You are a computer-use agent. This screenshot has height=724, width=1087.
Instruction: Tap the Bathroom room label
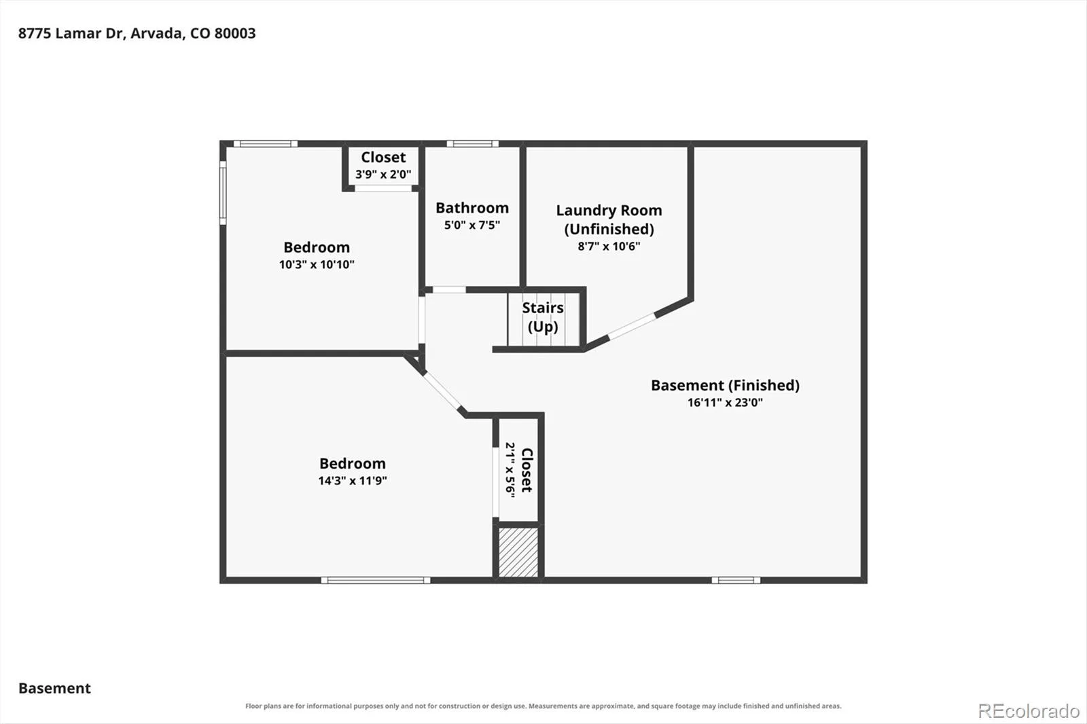[472, 208]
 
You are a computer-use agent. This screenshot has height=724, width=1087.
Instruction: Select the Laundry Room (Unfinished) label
[609, 219]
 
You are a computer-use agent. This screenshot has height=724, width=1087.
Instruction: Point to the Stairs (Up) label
[543, 317]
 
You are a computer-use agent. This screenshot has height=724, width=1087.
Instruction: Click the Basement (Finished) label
[725, 385]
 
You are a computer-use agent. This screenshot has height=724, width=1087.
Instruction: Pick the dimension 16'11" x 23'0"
[725, 402]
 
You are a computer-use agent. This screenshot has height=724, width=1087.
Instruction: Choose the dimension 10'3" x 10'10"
[317, 264]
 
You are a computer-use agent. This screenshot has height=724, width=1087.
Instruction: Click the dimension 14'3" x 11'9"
[353, 480]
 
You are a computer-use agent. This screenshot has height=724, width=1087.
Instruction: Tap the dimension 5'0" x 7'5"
[472, 225]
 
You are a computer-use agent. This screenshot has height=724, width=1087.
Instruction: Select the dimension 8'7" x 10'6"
[609, 247]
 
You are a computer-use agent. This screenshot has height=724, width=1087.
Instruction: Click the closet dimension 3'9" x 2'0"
[383, 174]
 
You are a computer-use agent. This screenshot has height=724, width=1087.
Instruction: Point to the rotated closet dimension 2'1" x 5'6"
[510, 470]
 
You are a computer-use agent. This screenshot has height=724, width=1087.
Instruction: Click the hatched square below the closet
[518, 552]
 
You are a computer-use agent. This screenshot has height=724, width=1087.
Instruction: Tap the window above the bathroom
[472, 143]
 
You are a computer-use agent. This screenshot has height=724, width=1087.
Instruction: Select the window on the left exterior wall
[223, 193]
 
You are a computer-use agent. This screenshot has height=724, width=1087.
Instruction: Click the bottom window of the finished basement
[736, 581]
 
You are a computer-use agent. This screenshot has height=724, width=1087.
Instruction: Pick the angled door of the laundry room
[632, 325]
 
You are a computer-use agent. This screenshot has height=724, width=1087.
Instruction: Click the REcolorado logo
[1029, 711]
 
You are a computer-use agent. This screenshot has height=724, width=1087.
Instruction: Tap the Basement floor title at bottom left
[54, 688]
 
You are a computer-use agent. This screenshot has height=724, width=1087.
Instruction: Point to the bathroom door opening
[449, 290]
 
